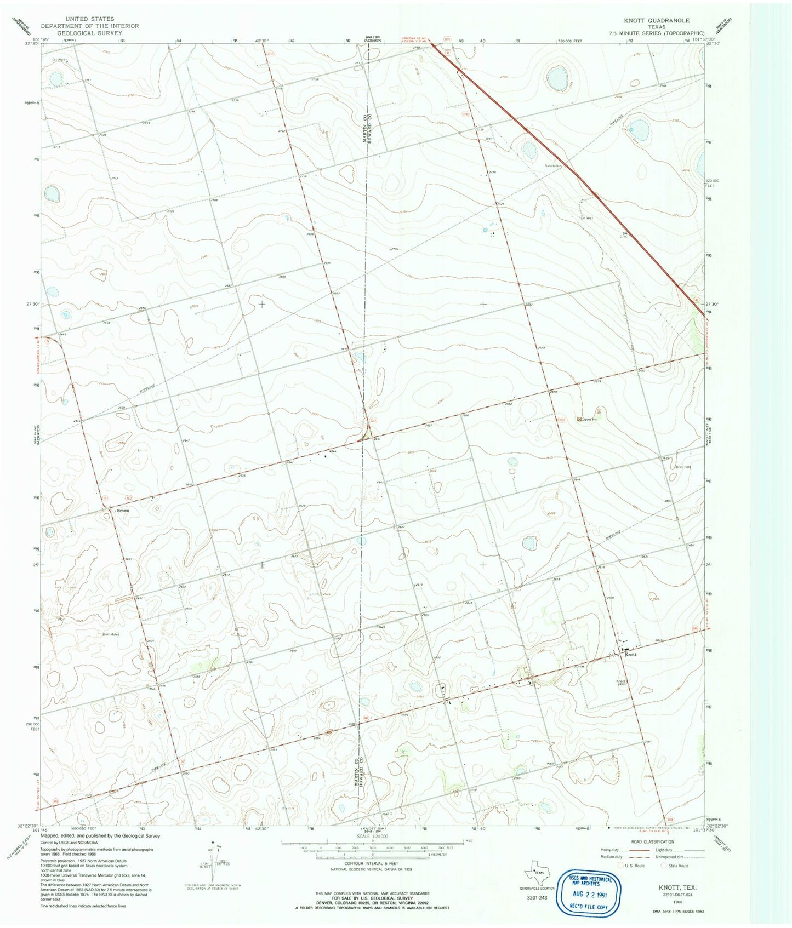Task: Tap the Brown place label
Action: tap(122, 511)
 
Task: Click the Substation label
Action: tap(554, 165)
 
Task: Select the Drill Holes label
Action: tap(111, 634)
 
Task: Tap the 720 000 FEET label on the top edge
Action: tap(572, 41)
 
